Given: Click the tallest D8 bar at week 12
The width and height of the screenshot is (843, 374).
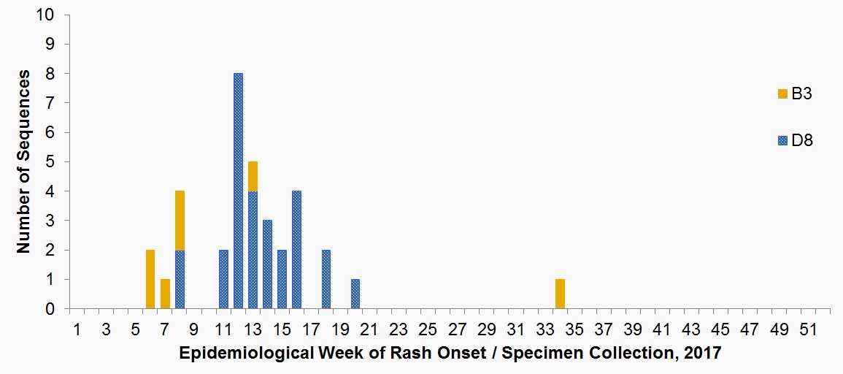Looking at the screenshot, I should click(x=238, y=191).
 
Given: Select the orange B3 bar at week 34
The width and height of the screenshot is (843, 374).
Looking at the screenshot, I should click(x=560, y=294).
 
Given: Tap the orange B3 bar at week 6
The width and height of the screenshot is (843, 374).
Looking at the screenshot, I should click(x=150, y=279).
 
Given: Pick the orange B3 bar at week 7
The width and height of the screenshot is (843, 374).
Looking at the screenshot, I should click(x=165, y=294).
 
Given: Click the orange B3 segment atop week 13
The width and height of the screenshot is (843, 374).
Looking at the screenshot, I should click(x=253, y=176).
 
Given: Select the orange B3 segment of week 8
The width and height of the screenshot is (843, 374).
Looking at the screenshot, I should click(x=180, y=220).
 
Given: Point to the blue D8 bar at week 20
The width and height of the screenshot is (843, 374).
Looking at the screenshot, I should click(x=355, y=294).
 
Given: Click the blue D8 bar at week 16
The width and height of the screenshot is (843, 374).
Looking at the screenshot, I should click(x=296, y=250).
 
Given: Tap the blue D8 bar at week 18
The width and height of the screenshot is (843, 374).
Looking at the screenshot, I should click(x=326, y=279).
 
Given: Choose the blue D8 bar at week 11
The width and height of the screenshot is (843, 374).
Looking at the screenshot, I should click(x=223, y=279).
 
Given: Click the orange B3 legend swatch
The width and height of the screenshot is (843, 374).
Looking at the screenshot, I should click(x=782, y=93).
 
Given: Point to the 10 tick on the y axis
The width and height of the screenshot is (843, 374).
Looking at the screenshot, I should click(x=53, y=15).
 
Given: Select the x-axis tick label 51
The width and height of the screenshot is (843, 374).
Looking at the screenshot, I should click(x=808, y=330).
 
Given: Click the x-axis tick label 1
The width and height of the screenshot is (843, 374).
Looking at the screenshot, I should click(x=77, y=330).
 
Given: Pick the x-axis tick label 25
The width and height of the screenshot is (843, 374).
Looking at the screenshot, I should click(x=428, y=330).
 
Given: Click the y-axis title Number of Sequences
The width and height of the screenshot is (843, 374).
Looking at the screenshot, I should click(x=24, y=161).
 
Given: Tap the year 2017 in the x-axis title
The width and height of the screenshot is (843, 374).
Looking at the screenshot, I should click(x=704, y=353).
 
